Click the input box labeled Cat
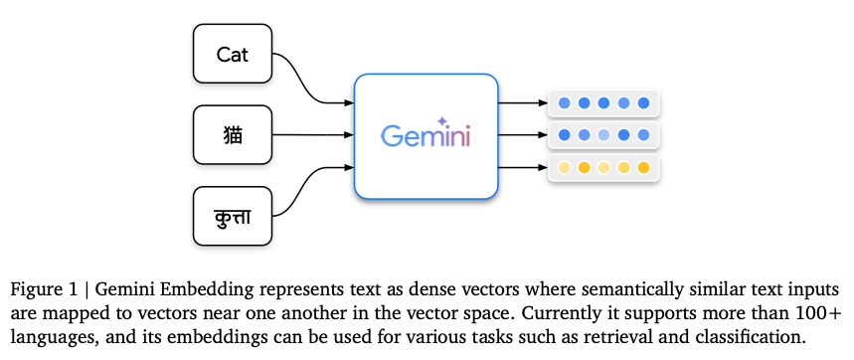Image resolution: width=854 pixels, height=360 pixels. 232,54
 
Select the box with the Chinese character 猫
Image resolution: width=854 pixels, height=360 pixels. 232,134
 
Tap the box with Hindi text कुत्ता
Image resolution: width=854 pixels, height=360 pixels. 232,215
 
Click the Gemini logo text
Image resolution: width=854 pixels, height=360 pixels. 426,135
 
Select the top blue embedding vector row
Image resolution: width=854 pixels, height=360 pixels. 603,102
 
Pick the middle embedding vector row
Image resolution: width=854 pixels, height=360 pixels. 603,134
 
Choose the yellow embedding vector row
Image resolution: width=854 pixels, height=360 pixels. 603,167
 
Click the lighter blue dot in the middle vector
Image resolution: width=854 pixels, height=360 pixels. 603,134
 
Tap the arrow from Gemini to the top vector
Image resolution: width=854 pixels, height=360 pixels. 521,102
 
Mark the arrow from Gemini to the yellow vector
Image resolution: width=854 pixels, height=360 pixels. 521,167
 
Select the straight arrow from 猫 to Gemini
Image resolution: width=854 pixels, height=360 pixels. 313,134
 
